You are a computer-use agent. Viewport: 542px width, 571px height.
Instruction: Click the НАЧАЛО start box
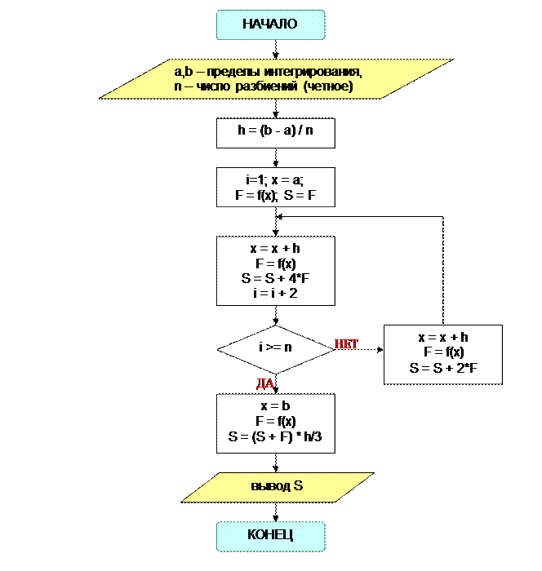[x=270, y=24]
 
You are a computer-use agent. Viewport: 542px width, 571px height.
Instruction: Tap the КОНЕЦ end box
[x=270, y=535]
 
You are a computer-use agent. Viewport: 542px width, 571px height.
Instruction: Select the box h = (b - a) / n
[x=275, y=132]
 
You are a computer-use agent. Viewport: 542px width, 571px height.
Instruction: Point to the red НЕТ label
[x=347, y=345]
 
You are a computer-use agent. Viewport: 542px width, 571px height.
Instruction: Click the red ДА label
[x=266, y=383]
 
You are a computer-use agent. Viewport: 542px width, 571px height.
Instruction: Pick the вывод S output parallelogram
[x=277, y=486]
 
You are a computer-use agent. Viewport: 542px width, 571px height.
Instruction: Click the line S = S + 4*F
[x=275, y=278]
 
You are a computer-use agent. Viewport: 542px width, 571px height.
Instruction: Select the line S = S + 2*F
[x=443, y=368]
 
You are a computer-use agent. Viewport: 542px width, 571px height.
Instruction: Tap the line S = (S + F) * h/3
[x=275, y=436]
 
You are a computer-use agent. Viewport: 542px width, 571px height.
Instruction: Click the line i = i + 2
[x=275, y=292]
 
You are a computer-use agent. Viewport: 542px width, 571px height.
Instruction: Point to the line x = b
[x=275, y=405]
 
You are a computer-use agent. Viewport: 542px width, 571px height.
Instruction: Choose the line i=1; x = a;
[x=275, y=180]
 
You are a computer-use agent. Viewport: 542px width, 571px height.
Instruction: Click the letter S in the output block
[x=298, y=486]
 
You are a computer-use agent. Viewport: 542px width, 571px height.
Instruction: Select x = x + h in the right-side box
[x=443, y=337]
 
